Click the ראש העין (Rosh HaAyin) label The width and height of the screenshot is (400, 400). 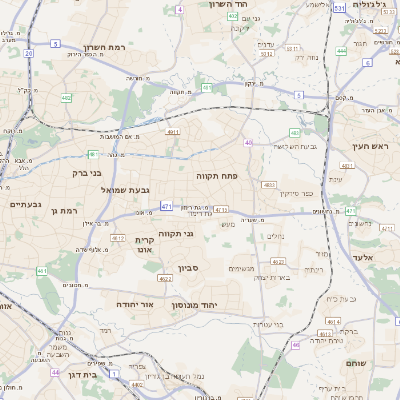click(x=369, y=147)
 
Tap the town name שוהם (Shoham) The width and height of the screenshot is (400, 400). click(x=357, y=363)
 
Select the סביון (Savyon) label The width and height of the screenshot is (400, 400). click(x=190, y=268)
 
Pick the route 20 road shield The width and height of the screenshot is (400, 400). click(x=29, y=53)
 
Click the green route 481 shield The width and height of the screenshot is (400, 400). click(x=92, y=154)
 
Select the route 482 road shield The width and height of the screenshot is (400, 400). click(x=65, y=98)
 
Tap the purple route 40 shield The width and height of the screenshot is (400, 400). click(x=247, y=143)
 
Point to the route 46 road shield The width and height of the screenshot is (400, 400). click(x=296, y=345)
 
